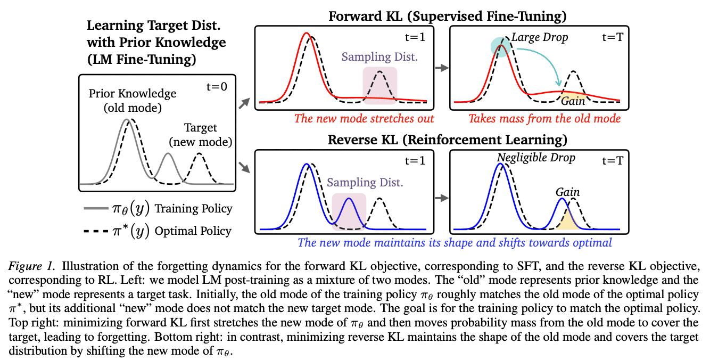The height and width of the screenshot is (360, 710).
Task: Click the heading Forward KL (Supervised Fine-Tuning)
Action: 447,16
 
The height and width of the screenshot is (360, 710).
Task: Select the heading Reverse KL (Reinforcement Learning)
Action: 447,140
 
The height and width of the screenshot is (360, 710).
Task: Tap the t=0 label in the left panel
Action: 217,87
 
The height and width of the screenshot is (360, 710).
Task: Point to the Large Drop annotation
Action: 540,37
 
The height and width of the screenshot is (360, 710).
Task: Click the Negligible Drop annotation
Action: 536,158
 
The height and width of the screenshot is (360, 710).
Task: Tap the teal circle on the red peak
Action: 501,47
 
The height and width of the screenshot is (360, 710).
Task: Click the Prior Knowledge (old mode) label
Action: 133,101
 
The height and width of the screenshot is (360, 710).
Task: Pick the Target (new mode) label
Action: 200,135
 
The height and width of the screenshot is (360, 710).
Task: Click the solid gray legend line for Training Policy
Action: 96,208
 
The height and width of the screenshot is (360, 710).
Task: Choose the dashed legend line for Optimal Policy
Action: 96,231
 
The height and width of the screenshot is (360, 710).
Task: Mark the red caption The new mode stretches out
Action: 364,119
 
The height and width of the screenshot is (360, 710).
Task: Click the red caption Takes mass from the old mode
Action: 544,119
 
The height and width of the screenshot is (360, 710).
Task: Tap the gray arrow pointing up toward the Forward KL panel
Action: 244,103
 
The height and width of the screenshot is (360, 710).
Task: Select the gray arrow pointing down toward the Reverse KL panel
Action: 244,167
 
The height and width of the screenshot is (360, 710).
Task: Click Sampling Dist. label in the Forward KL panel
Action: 379,57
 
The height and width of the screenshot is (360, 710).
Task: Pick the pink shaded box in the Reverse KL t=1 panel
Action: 349,211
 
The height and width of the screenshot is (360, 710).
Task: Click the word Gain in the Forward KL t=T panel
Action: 573,101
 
